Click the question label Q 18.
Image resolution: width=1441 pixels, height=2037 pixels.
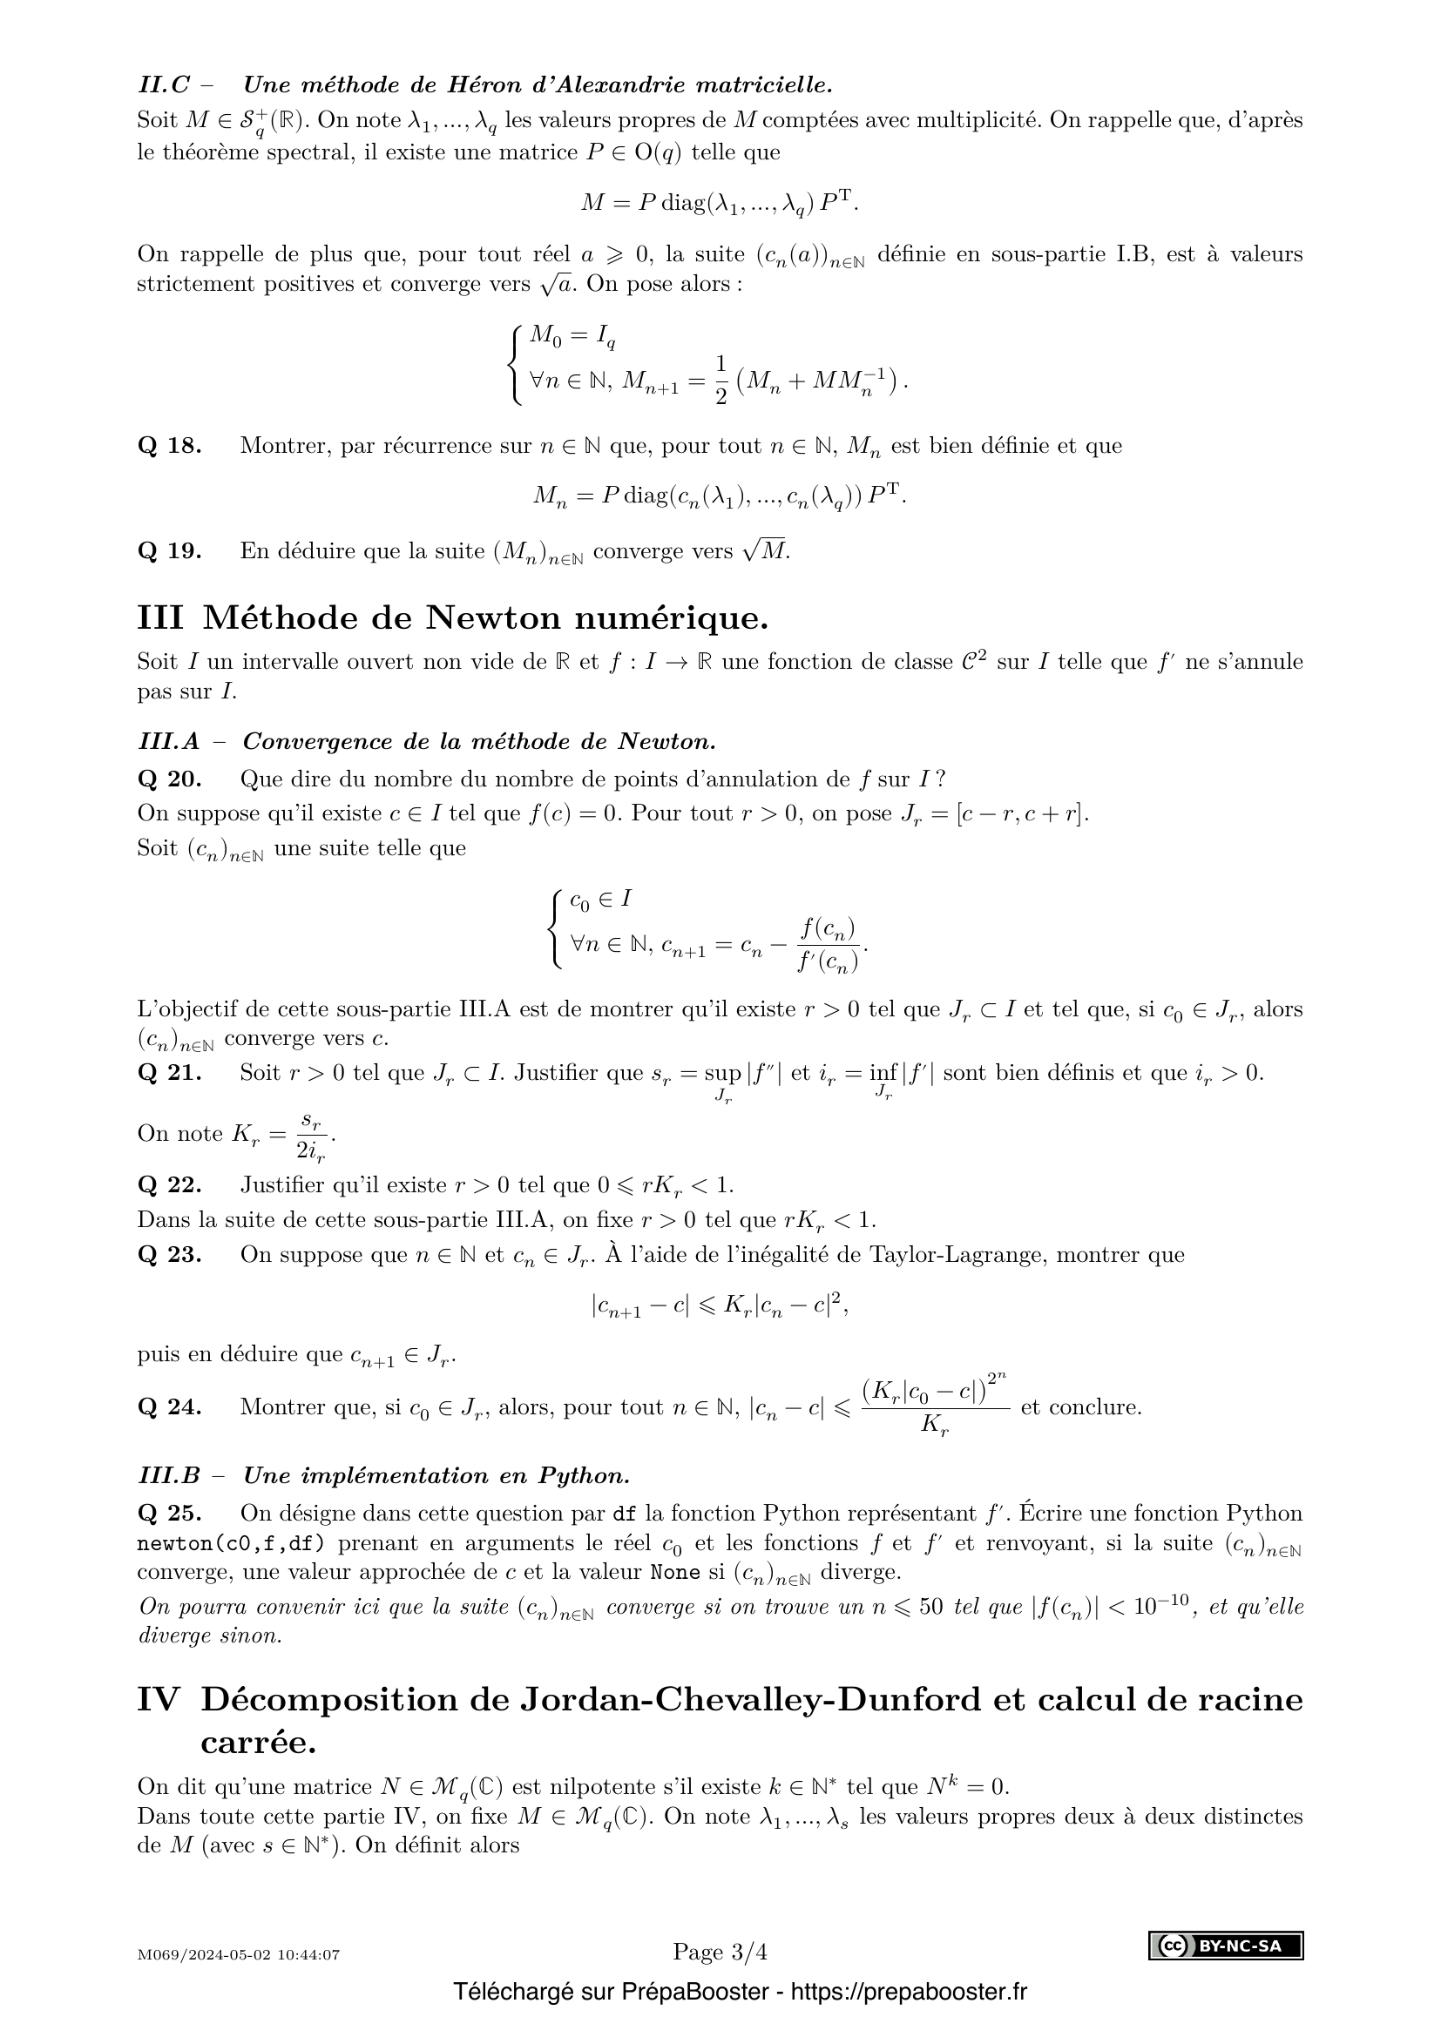[x=170, y=445]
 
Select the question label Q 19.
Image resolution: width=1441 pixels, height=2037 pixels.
[x=170, y=551]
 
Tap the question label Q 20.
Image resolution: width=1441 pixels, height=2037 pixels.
[x=170, y=779]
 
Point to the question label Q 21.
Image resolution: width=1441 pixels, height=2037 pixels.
[x=170, y=1073]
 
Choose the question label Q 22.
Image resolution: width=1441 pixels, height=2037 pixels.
[x=170, y=1185]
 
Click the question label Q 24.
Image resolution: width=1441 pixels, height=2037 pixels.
[x=170, y=1407]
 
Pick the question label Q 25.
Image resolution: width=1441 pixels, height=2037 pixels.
[x=170, y=1514]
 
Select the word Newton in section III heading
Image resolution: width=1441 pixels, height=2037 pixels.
[x=495, y=618]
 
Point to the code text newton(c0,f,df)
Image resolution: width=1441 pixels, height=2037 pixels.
[x=232, y=1544]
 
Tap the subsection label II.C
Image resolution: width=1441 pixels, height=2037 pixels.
[x=164, y=85]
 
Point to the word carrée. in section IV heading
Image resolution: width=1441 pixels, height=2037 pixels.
[x=258, y=1744]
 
